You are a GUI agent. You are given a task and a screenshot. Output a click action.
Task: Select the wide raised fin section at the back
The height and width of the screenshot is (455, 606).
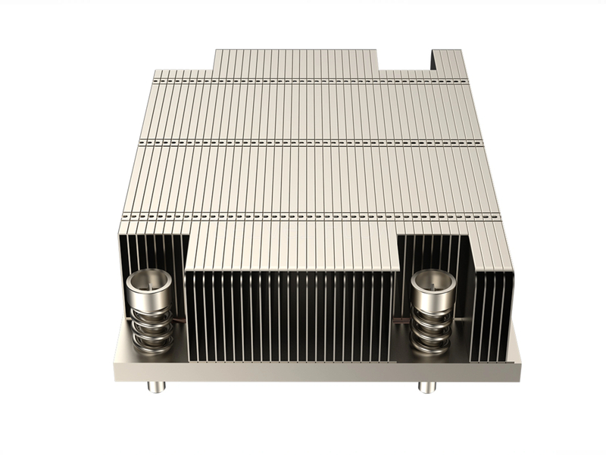click(x=295, y=61)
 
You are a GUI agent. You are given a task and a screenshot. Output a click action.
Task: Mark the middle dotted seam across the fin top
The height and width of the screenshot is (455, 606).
click(x=311, y=142)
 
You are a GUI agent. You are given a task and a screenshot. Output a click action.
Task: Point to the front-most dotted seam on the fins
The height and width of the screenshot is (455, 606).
click(x=311, y=217)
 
